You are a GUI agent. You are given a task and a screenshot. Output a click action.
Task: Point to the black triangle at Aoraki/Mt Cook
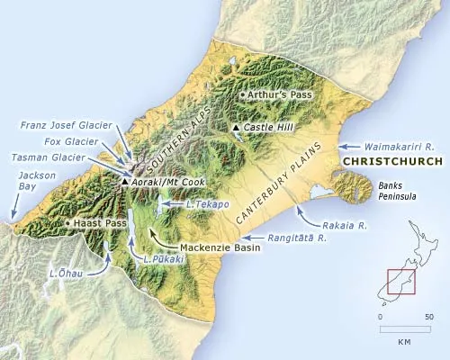pyautogui.click(x=124, y=182)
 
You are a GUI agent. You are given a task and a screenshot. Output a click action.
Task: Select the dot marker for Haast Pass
pyautogui.click(x=69, y=222)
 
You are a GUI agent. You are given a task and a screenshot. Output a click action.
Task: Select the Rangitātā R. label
pyautogui.click(x=302, y=238)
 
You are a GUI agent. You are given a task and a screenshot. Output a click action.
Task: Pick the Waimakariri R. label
pyautogui.click(x=400, y=144)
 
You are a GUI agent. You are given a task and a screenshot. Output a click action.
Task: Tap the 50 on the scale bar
pyautogui.click(x=429, y=318)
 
